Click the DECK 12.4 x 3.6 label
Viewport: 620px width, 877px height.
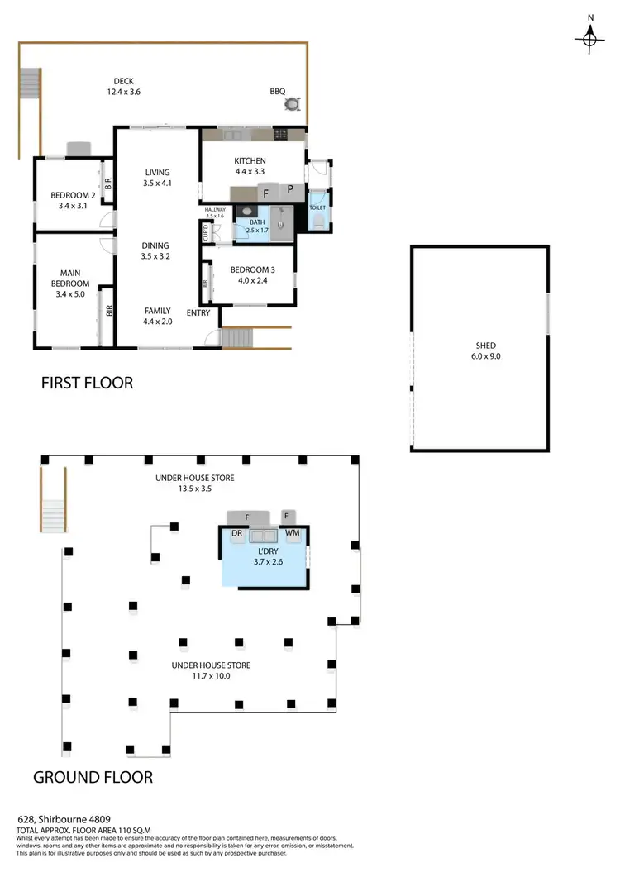(x=124, y=87)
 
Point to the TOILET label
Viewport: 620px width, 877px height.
(x=317, y=208)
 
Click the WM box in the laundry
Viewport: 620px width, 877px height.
(x=292, y=534)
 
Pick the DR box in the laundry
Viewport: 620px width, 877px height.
(x=236, y=534)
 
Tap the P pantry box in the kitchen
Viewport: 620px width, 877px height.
(x=291, y=191)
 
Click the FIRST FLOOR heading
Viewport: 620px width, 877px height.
(x=87, y=384)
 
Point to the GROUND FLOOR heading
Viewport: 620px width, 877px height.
(x=93, y=777)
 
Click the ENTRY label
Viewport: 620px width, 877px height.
(x=198, y=312)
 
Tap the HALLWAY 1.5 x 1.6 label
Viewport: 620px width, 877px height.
(x=215, y=213)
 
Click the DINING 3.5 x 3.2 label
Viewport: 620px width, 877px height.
(x=155, y=250)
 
